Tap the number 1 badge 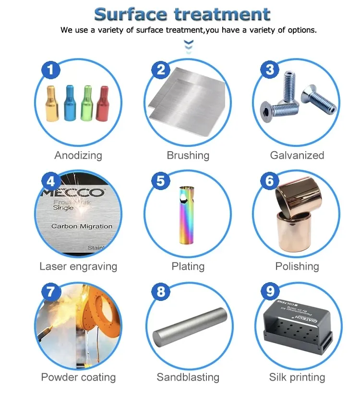pos(51,70)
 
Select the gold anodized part pos(53,104)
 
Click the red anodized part pos(103,103)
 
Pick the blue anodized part pos(70,103)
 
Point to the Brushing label pos(188,155)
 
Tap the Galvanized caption pos(297,155)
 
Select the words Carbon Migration pos(82,226)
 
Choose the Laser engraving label pos(78,266)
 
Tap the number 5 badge pos(161,181)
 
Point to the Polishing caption pos(297,266)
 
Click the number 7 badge pos(51,292)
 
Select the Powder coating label pos(78,377)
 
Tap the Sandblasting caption pos(188,378)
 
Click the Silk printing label pos(297,377)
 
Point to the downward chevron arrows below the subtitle pos(189,46)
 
